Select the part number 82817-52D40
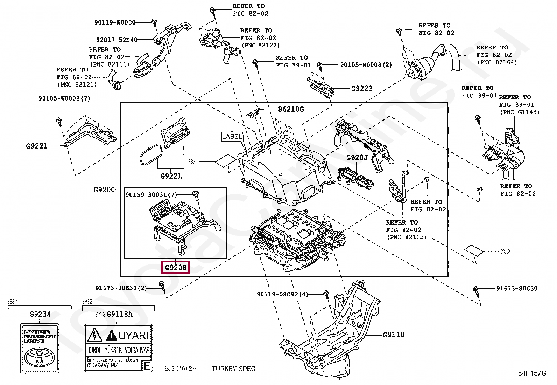117,40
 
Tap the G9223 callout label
362,89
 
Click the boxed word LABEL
232,136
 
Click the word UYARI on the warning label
133,336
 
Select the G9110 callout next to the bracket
393,335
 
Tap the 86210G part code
291,109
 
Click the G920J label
357,158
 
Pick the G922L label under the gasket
171,176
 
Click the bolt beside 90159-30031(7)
196,194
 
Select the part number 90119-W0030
114,22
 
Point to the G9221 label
37,145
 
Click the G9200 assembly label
104,190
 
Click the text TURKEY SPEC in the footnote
233,369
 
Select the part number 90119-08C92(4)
282,294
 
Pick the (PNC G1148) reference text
519,112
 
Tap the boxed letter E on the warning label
147,367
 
